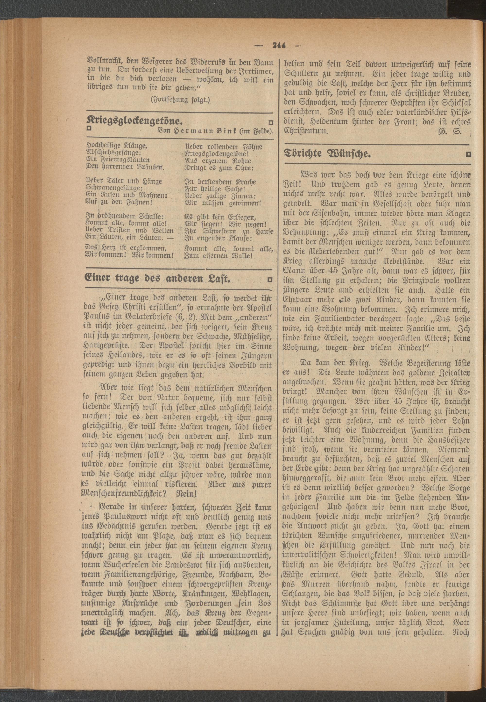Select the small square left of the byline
tap(89, 128)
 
